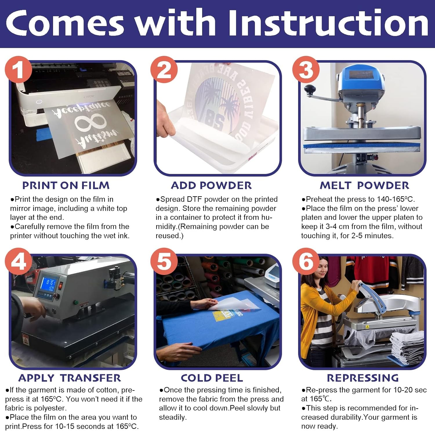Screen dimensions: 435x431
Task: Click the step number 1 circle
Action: click(x=18, y=69)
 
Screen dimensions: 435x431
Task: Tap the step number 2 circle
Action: click(x=164, y=69)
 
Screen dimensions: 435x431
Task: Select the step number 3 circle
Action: click(x=306, y=69)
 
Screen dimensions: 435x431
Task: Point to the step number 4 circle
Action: click(x=18, y=262)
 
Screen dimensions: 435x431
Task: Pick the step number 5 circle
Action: click(x=164, y=262)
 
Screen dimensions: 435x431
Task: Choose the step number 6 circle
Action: click(x=306, y=262)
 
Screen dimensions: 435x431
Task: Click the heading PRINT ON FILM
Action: click(x=66, y=185)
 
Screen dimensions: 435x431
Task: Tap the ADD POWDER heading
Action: click(x=211, y=185)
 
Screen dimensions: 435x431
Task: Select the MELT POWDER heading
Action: click(x=365, y=185)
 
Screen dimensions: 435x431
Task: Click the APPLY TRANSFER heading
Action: click(x=70, y=378)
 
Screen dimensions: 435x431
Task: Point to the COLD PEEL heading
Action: click(x=212, y=378)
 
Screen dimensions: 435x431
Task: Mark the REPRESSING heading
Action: click(x=363, y=378)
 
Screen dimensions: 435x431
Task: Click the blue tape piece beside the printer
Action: click(x=43, y=135)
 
